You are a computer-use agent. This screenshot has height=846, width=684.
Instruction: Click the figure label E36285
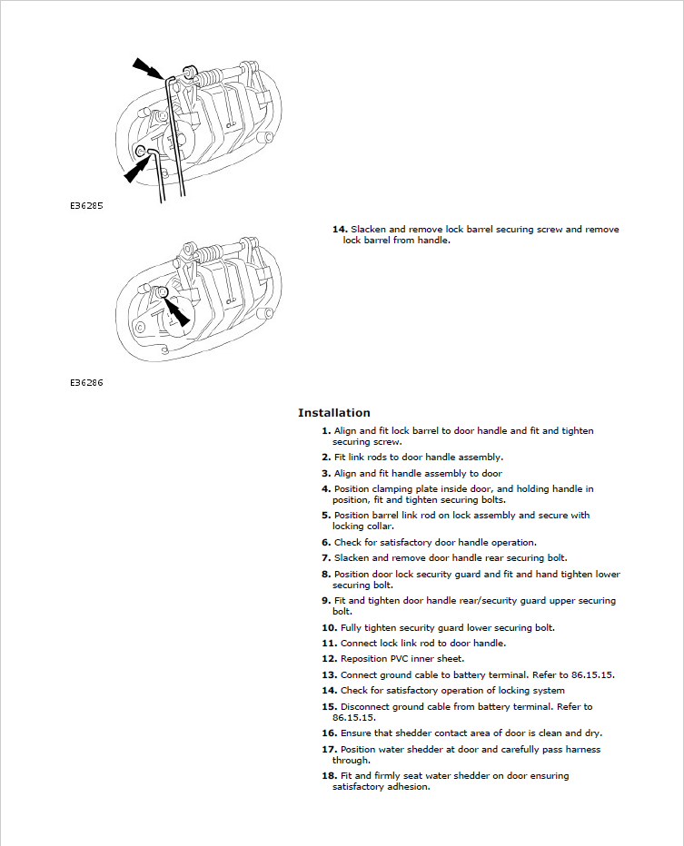tap(86, 205)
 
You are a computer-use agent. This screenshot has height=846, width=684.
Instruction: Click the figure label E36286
tap(86, 382)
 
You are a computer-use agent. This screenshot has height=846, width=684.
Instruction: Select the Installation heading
tap(334, 413)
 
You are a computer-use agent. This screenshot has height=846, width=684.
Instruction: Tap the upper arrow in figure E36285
tap(150, 68)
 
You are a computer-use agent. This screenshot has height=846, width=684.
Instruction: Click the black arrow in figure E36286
tap(176, 311)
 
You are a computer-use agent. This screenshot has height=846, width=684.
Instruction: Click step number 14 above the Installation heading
tap(340, 230)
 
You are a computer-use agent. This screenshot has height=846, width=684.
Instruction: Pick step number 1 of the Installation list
tap(326, 430)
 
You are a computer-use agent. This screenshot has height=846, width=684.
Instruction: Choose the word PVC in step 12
tap(399, 659)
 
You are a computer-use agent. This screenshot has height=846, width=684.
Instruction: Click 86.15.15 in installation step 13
tap(592, 675)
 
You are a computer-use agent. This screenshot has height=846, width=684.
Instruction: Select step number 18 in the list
tap(330, 776)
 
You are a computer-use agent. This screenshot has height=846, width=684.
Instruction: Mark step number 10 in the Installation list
tap(330, 628)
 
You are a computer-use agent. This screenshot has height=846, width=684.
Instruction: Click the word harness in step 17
tap(582, 750)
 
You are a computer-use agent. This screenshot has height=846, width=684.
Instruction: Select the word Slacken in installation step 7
tap(352, 558)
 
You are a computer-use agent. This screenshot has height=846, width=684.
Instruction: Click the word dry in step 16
tap(593, 733)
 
